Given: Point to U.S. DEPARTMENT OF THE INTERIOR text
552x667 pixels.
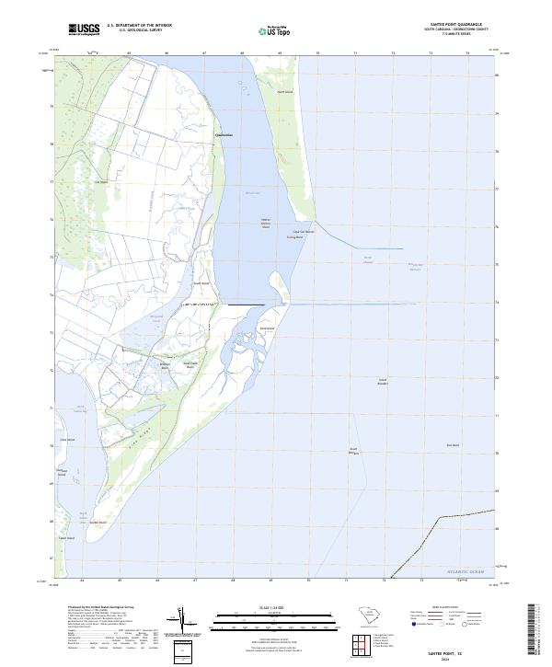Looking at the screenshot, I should click(139, 26).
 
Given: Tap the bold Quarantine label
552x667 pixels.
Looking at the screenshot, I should click(224, 135).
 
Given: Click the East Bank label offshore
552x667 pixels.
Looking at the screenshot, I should click(453, 445).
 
